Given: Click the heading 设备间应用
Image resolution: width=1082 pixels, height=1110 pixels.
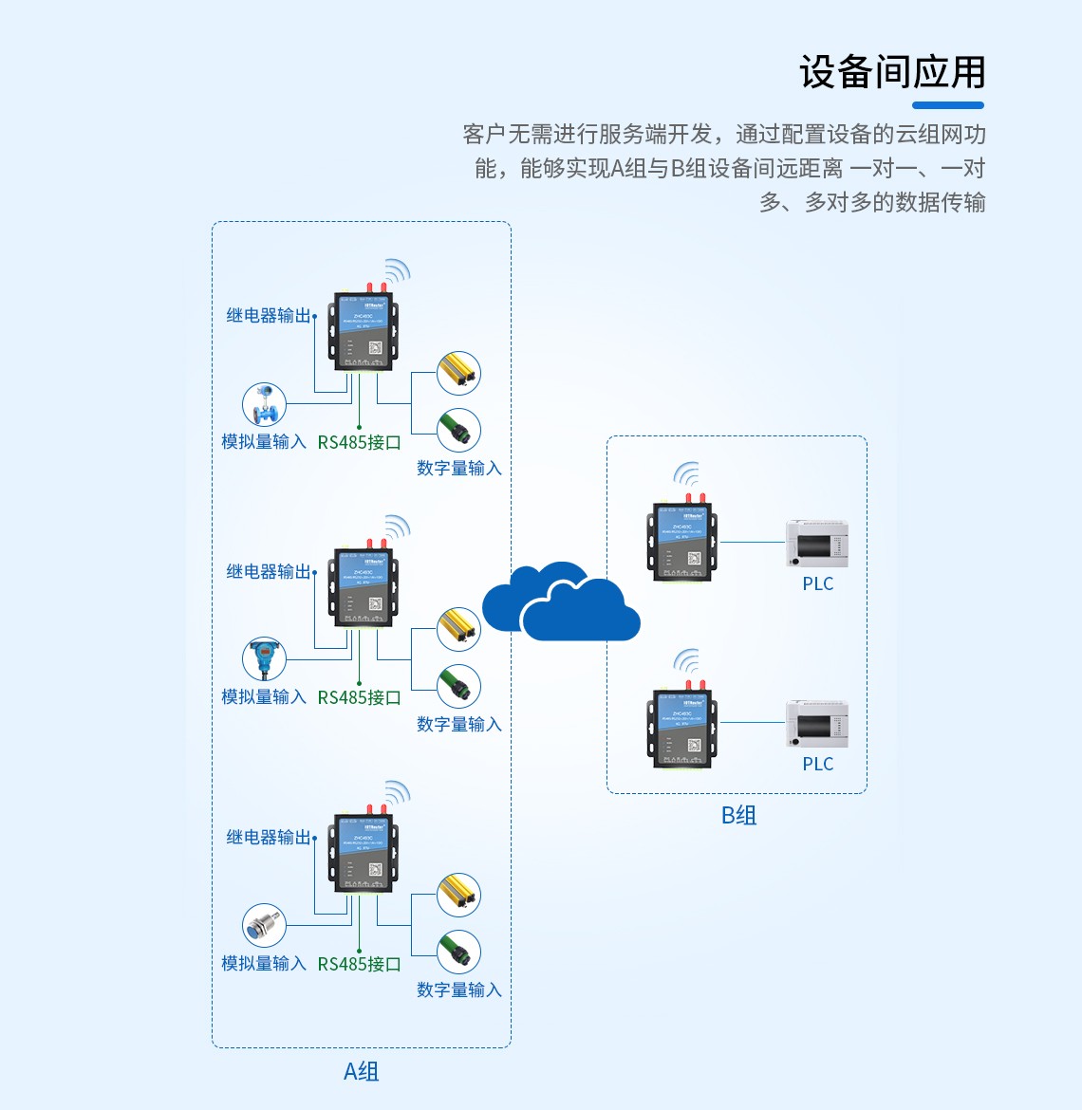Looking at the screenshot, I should (892, 72).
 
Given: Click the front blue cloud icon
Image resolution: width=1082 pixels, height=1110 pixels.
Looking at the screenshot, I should (581, 611).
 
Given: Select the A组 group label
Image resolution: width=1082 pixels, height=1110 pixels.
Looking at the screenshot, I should (361, 1071).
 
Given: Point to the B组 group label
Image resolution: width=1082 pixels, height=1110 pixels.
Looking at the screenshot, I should (738, 815).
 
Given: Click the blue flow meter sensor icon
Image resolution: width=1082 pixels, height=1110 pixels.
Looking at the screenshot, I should (264, 404).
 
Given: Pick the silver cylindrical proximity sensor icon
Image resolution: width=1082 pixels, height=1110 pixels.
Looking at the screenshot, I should (264, 926).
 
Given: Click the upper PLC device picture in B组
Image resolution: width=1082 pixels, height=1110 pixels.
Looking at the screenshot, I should (816, 544).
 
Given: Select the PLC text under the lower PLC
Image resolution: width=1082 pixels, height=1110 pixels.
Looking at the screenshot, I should (817, 764).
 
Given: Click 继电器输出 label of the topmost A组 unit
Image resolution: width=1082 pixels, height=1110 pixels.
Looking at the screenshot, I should (269, 316).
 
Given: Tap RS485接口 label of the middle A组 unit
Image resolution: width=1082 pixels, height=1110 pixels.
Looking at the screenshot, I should (359, 697).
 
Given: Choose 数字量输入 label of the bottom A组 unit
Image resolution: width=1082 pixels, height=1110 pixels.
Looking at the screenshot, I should (458, 990).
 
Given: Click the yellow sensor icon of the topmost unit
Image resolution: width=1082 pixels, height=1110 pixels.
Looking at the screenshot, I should (458, 374).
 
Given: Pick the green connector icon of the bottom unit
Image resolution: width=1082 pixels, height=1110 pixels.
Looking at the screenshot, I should (458, 953).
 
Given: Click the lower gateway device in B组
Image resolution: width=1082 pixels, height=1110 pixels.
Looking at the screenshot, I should (682, 728).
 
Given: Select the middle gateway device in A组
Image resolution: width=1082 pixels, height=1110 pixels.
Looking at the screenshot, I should (364, 588).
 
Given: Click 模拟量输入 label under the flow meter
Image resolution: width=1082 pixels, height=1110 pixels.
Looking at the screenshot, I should (263, 442).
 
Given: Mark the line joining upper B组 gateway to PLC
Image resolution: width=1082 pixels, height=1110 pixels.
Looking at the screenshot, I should (753, 542).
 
